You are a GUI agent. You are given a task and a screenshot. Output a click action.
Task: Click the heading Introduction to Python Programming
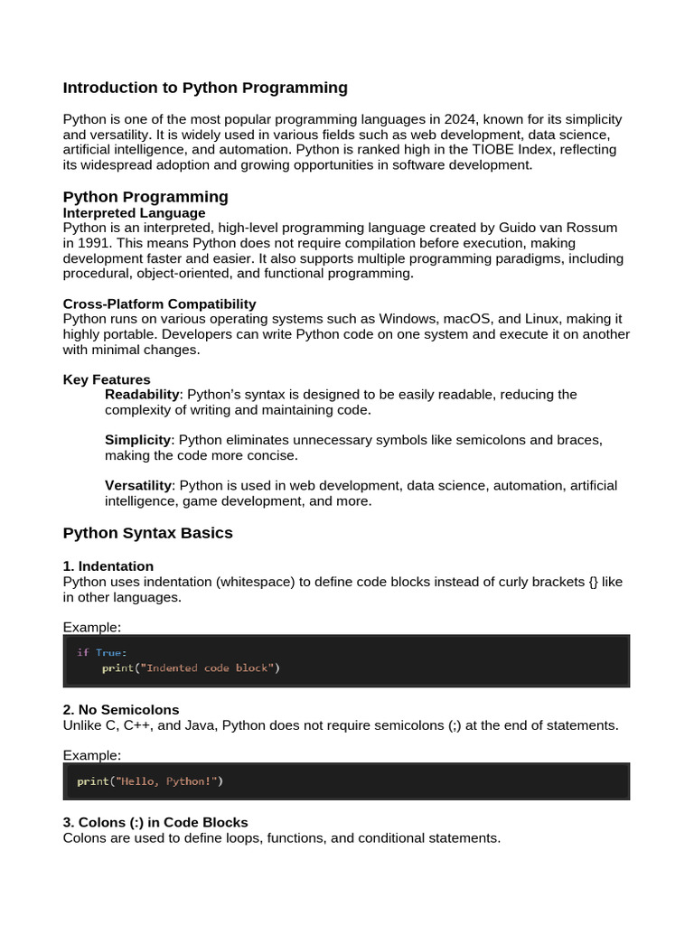pyautogui.click(x=205, y=88)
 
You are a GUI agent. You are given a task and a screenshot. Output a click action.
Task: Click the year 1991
pyautogui.click(x=94, y=243)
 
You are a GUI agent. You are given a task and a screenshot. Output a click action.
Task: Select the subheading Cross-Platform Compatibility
pyautogui.click(x=159, y=304)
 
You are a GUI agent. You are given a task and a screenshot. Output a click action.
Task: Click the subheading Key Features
pyautogui.click(x=107, y=379)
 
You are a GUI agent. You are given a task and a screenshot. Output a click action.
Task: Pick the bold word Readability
pyautogui.click(x=143, y=395)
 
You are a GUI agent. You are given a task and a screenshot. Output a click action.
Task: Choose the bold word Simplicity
pyautogui.click(x=138, y=440)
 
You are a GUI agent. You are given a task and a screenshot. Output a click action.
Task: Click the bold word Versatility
pyautogui.click(x=138, y=485)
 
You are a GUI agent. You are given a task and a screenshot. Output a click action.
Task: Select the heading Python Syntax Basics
pyautogui.click(x=147, y=533)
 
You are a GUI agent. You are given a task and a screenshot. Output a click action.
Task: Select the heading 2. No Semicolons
pyautogui.click(x=121, y=709)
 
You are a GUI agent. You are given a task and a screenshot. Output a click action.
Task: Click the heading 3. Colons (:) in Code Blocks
pyautogui.click(x=155, y=822)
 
